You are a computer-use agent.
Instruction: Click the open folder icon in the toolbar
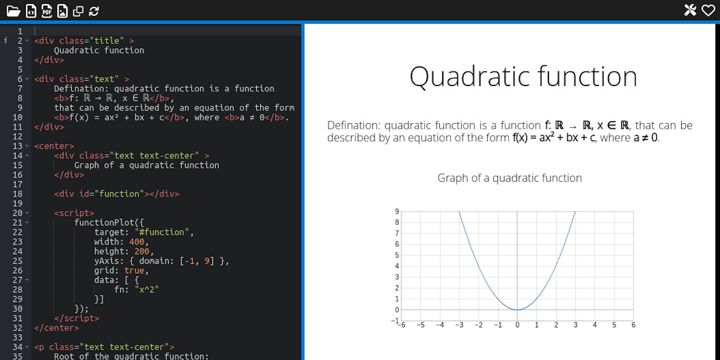point(13,11)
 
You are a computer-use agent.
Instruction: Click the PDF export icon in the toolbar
point(47,11)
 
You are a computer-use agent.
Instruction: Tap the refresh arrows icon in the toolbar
point(94,11)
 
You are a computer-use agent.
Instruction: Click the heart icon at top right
point(708,10)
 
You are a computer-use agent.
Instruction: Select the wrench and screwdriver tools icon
point(690,10)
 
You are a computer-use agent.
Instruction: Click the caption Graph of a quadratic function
point(510,178)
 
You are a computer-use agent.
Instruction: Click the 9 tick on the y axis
point(397,211)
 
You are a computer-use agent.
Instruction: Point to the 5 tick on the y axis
point(397,255)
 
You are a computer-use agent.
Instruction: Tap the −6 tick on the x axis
point(400,325)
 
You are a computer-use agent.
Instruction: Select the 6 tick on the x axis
point(633,325)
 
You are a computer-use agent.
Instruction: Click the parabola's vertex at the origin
point(517,310)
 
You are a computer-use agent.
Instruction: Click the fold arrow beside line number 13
point(26,146)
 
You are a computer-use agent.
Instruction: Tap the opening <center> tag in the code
point(54,146)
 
